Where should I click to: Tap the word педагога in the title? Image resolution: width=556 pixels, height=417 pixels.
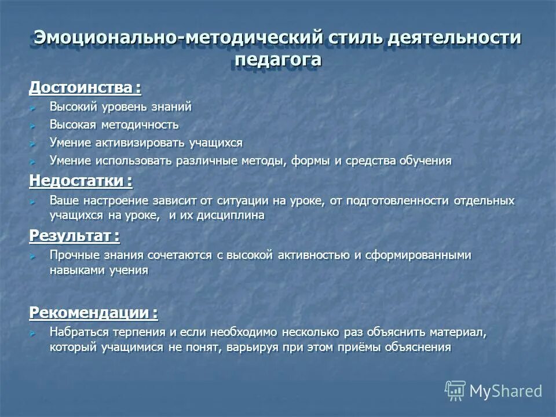(x=278, y=60)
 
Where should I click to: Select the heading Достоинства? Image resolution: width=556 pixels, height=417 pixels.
(x=85, y=88)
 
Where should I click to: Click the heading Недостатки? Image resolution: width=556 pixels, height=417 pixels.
(x=81, y=181)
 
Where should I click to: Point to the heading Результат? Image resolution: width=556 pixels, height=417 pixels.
(x=74, y=236)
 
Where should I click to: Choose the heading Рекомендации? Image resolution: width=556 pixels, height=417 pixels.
(x=93, y=313)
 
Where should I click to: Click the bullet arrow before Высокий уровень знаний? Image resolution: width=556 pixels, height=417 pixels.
(x=34, y=108)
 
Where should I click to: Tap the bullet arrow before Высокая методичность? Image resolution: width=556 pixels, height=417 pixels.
(x=34, y=125)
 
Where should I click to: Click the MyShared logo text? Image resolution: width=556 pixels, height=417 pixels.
(x=506, y=391)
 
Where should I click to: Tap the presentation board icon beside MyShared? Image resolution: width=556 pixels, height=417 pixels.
(x=455, y=391)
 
